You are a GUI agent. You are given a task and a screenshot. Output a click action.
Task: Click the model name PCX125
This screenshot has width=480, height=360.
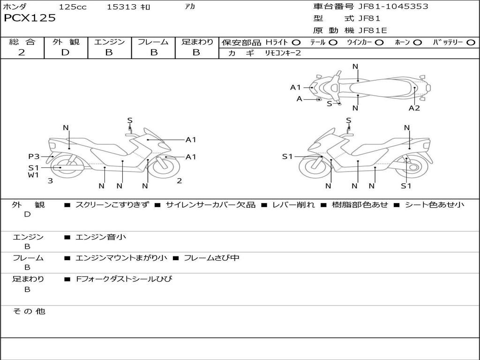(x=30, y=18)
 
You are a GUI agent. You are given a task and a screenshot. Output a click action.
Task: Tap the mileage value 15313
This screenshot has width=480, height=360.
(x=121, y=7)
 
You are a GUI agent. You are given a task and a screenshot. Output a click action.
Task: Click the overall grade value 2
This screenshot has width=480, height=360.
(x=22, y=52)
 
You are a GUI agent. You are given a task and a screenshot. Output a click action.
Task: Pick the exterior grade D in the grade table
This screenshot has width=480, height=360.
(x=65, y=52)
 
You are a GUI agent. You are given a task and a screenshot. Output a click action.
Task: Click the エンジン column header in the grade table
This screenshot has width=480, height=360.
(x=109, y=42)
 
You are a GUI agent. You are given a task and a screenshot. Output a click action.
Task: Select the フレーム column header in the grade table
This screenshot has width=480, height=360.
(x=153, y=42)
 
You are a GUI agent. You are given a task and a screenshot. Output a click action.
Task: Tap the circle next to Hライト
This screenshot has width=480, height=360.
(x=296, y=43)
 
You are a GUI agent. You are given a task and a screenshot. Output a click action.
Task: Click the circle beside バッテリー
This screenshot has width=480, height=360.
(x=471, y=43)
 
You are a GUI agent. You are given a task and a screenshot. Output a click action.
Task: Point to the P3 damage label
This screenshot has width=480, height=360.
(x=34, y=157)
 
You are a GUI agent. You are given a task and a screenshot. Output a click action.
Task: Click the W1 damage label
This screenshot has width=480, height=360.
(x=33, y=175)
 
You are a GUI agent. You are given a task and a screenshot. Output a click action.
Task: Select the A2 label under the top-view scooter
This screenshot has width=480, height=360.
(x=414, y=108)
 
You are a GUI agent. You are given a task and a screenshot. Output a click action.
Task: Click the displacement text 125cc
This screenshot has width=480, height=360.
(x=73, y=7)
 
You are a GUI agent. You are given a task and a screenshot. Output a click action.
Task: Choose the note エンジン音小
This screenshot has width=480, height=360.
(x=101, y=237)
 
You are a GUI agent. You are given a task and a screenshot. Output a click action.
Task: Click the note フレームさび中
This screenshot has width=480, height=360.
(x=211, y=258)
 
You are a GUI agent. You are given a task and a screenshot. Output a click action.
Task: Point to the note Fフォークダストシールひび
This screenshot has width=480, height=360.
(x=124, y=279)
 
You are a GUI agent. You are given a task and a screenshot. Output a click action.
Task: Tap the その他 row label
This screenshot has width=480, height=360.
(x=29, y=311)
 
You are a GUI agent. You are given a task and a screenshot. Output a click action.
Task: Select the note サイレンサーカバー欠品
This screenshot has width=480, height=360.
(x=210, y=205)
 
